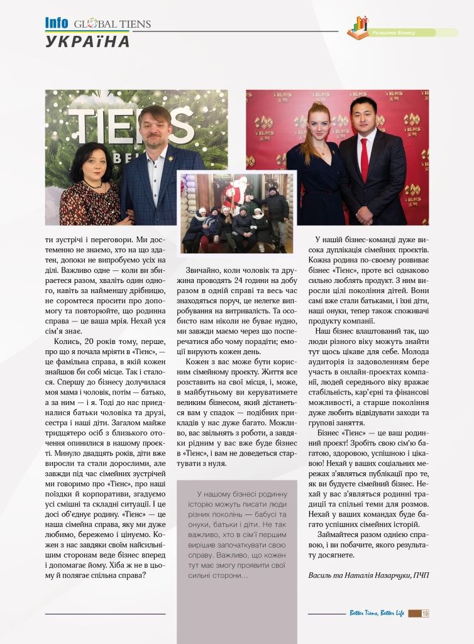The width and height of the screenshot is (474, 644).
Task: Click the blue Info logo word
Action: coord(57,23)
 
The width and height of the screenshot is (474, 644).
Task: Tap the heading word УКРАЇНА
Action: coord(87,42)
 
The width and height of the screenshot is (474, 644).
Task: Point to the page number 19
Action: coord(425,613)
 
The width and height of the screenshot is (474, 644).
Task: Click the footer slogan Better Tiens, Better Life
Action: coord(377,613)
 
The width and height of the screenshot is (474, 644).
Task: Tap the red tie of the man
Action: coord(364,160)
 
